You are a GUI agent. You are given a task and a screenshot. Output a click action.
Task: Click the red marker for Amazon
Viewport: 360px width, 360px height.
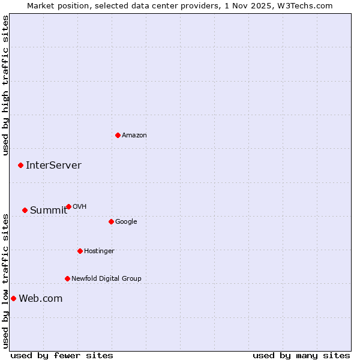coord(118,135)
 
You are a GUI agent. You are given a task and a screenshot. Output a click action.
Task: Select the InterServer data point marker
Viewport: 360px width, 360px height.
coord(20,165)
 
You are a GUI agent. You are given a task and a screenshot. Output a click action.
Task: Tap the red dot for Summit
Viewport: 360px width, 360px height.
coord(25,210)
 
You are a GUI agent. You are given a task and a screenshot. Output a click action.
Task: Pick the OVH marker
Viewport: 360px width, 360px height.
coord(68,206)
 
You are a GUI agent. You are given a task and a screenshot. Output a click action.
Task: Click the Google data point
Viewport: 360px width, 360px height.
coord(111,221)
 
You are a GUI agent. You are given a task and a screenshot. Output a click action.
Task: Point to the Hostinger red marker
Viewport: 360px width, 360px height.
coord(80,251)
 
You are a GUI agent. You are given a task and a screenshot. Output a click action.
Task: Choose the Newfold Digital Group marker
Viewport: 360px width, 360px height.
coord(67,278)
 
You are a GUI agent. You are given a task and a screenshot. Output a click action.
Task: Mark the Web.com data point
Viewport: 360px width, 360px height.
coord(13,298)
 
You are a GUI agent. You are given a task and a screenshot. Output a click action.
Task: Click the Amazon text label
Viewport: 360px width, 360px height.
coord(134,135)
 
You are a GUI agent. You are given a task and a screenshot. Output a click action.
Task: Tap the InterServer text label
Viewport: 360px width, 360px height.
coord(53,165)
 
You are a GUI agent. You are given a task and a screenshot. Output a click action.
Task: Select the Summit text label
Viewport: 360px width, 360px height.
coord(49,210)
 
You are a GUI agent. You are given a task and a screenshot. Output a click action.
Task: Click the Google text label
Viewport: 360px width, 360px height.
coord(126,221)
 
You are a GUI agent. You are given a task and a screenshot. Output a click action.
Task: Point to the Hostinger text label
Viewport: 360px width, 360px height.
coord(99,251)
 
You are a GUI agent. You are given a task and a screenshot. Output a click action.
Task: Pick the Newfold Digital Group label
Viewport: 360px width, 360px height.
coord(106,278)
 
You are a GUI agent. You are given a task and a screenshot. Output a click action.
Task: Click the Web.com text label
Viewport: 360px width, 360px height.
coord(40,298)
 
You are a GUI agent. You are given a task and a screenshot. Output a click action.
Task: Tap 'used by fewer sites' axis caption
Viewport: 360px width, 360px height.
coord(62,355)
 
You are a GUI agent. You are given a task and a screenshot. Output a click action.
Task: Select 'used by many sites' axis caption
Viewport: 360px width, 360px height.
coord(301,355)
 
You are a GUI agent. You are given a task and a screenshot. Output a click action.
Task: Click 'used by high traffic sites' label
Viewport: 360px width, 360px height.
coord(5,85)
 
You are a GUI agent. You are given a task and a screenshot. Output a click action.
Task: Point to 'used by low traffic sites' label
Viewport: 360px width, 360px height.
coord(5,281)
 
